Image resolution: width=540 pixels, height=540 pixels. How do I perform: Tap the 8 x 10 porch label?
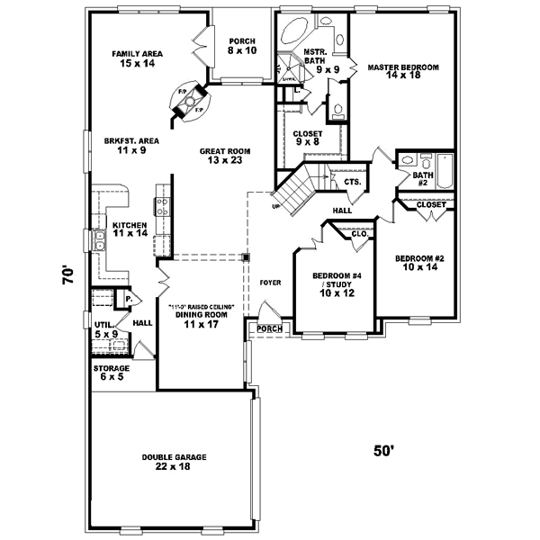[242, 47]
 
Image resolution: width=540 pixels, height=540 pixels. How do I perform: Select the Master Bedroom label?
[402, 72]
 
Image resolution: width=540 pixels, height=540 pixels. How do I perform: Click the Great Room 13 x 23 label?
[225, 156]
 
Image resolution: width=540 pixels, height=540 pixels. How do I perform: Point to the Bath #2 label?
[421, 180]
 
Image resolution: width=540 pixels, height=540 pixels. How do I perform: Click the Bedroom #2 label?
[419, 263]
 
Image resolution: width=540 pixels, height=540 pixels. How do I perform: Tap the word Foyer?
[270, 283]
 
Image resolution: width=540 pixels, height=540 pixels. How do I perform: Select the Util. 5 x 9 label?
[106, 329]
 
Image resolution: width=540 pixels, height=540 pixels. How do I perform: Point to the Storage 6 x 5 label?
[112, 373]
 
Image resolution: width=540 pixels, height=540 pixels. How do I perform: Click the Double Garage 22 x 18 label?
[174, 462]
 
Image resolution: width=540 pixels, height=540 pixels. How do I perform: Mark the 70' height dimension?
[67, 273]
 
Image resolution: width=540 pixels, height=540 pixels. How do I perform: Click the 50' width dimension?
[384, 450]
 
